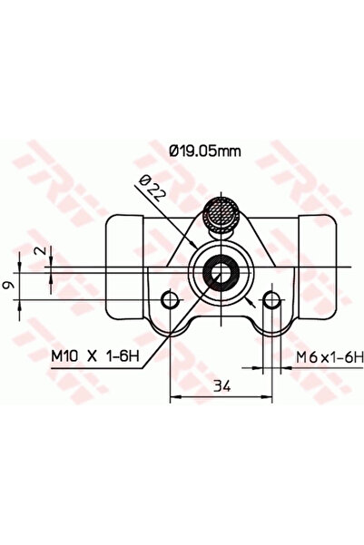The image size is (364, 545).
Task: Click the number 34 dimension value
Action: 221,386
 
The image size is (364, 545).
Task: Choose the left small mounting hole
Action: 170,300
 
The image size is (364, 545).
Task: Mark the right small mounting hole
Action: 271,300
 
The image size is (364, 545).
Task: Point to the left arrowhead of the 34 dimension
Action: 174,395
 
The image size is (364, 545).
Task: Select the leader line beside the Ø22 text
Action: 177,218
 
